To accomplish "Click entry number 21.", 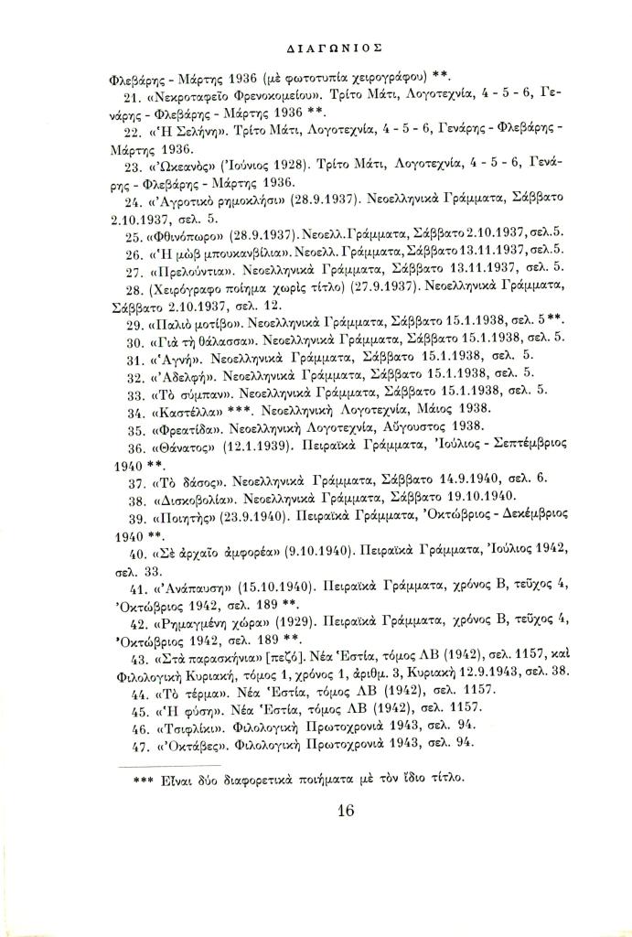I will click(128, 96).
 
